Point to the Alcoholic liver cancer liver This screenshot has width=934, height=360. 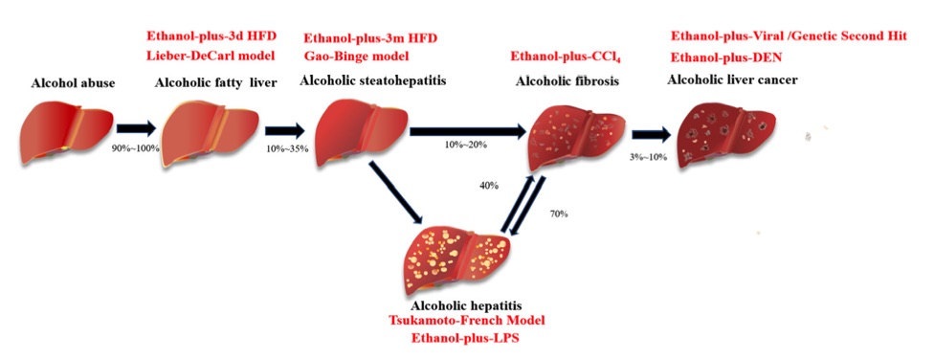tap(727, 135)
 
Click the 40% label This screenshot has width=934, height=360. tap(489, 185)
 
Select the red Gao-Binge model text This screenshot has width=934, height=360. tap(357, 56)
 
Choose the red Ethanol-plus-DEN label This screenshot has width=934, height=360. tap(726, 56)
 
